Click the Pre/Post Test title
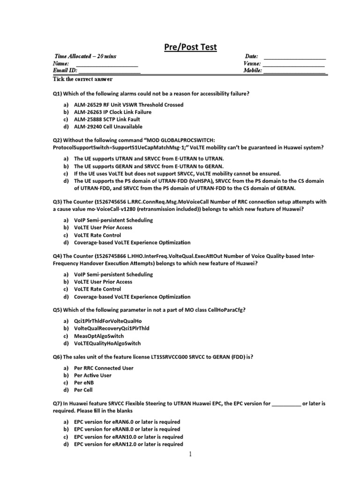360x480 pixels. (x=190, y=47)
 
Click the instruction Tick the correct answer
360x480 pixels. (x=82, y=79)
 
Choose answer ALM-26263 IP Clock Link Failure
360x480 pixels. (x=112, y=112)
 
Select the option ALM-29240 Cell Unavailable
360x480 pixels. (x=108, y=127)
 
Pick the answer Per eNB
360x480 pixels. (x=84, y=382)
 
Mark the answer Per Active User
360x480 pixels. (x=93, y=375)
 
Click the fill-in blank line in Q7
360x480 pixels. (x=286, y=404)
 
